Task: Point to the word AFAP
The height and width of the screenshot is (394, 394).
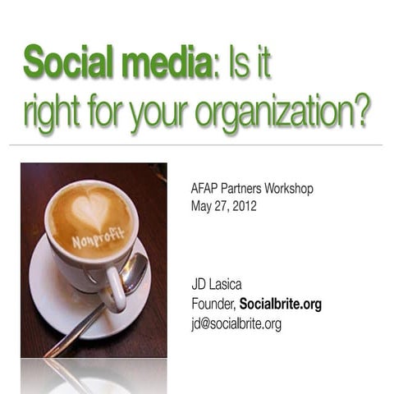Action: pos(206,189)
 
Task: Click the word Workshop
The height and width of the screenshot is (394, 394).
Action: pos(288,189)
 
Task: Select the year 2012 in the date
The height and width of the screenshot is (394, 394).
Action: pos(242,207)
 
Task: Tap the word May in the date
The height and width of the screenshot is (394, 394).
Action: pos(203,207)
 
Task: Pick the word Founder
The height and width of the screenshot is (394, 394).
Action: pos(212,305)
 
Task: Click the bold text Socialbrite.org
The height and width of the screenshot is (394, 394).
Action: pos(281,305)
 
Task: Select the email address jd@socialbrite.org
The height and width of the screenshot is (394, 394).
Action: pos(236,324)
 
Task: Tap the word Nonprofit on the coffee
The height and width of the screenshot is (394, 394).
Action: pos(98,239)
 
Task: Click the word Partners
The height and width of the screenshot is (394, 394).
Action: pos(247,189)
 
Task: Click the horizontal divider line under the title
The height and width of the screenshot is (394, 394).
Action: pos(197,145)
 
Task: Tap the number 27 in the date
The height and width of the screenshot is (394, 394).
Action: pos(221,207)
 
